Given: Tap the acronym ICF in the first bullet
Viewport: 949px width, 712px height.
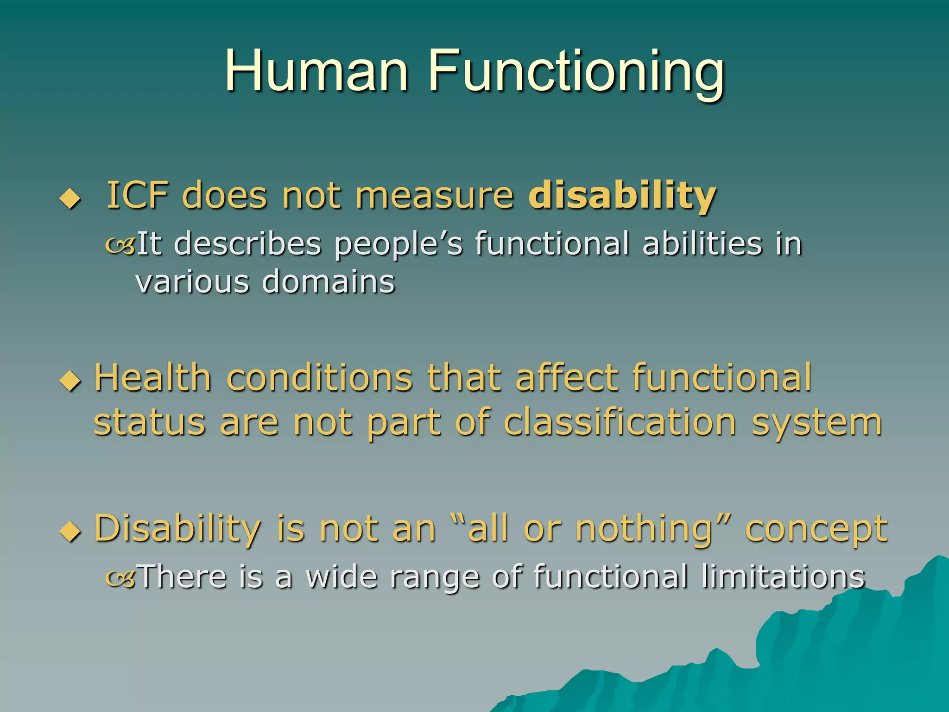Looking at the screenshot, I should pyautogui.click(x=137, y=196).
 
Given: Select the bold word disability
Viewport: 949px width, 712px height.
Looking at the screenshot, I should pyautogui.click(x=622, y=196).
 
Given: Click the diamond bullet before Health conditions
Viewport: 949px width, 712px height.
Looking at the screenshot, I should pyautogui.click(x=70, y=381).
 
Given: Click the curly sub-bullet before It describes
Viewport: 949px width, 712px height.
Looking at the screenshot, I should pyautogui.click(x=120, y=245).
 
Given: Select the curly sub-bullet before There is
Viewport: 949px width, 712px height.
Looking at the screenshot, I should pyautogui.click(x=120, y=578).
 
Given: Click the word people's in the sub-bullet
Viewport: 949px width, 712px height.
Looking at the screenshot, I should pyautogui.click(x=398, y=245).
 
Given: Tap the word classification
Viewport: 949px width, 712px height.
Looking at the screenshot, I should pyautogui.click(x=620, y=422).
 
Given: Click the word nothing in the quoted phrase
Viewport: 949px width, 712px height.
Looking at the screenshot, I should pyautogui.click(x=644, y=529).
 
